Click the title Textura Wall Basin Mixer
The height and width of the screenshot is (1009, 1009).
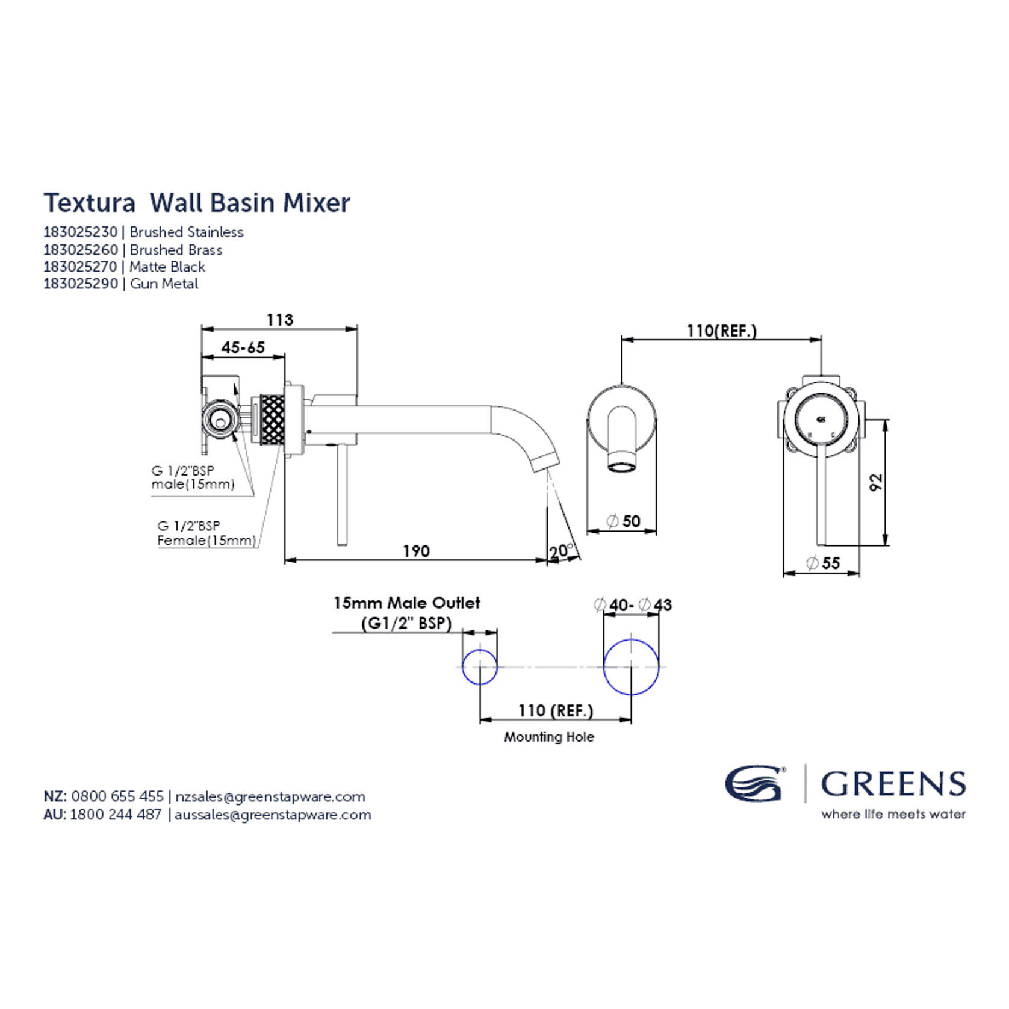point(196,203)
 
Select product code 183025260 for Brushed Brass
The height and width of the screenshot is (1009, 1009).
point(81,250)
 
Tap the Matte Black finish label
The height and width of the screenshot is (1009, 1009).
point(167,267)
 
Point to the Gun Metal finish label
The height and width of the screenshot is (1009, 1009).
point(164,284)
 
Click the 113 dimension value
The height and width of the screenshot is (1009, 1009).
point(280,320)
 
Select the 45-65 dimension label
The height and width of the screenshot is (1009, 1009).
point(243,347)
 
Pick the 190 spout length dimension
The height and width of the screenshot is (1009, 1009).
point(416,551)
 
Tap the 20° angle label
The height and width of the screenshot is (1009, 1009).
point(560,551)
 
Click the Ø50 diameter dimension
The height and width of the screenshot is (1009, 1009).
point(624,521)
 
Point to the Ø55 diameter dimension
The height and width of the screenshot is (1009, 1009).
point(823,563)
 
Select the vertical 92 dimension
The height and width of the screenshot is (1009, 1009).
point(876,482)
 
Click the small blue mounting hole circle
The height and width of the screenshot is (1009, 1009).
point(480,666)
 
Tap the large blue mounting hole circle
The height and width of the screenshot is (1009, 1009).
point(631,667)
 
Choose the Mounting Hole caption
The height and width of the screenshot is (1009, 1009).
point(549,737)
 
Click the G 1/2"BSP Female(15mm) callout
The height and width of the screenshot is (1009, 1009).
point(206,533)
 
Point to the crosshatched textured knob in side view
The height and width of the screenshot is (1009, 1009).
point(272,419)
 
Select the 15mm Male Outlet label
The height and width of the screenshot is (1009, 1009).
point(407,603)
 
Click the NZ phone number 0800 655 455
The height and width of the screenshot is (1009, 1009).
point(117,796)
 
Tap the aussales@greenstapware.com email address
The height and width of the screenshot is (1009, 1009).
point(273,815)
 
